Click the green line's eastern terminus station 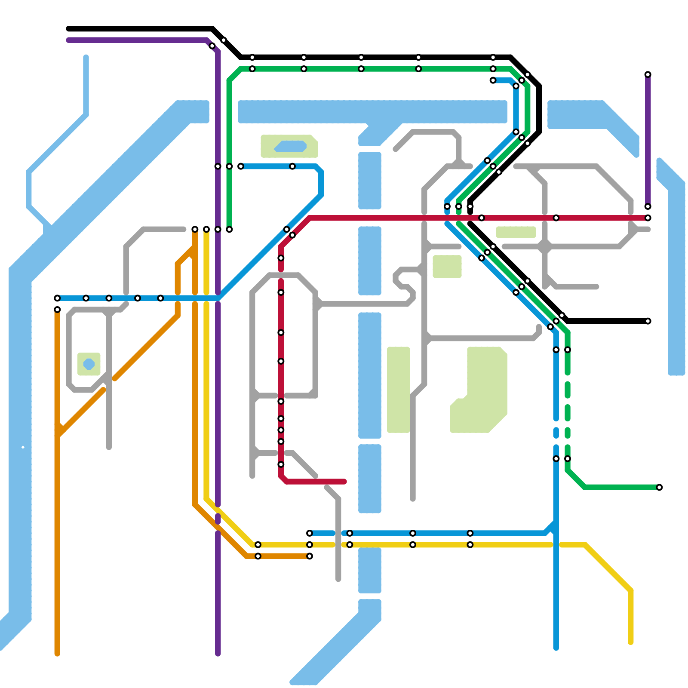659,487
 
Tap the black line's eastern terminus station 648,321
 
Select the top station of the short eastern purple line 648,75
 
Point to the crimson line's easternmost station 648,218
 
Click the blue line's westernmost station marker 57,298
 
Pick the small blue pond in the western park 89,364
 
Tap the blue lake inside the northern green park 291,146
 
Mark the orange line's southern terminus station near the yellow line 310,556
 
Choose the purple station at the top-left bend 212,46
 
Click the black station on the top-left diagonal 224,40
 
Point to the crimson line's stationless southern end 344,482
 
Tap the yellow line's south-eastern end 631,642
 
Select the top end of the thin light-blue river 86,57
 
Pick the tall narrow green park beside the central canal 399,390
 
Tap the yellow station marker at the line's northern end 206,229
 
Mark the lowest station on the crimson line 281,464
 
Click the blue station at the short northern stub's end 493,80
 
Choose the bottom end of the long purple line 218,654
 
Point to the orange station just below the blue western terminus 57,310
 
